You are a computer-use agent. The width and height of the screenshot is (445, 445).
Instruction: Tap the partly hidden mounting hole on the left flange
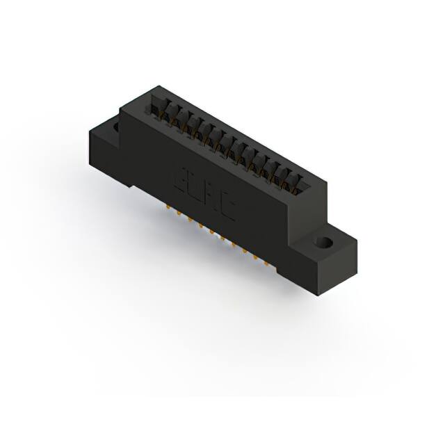[113, 128]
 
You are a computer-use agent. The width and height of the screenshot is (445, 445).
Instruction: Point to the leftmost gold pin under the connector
[168, 207]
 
